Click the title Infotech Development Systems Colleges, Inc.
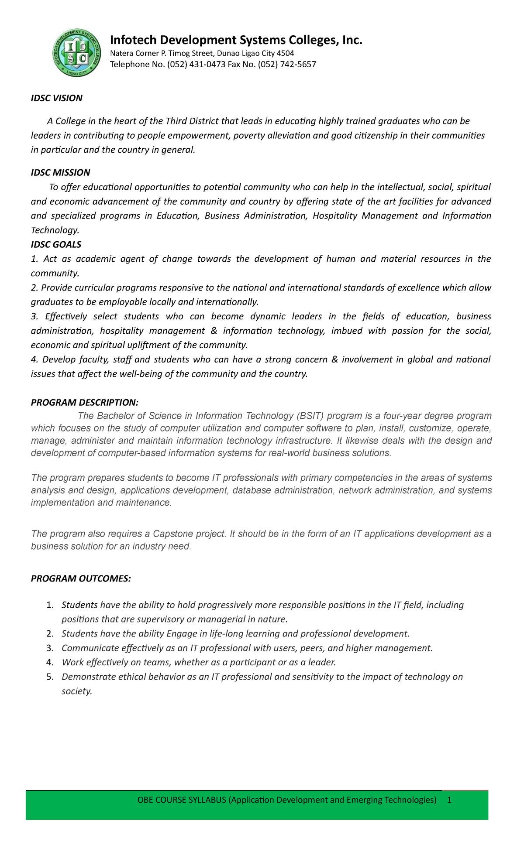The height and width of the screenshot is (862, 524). point(236,40)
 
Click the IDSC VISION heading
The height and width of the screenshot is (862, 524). point(56,98)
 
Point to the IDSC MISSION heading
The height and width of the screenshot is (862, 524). point(60,173)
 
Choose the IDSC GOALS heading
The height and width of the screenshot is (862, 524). point(56,245)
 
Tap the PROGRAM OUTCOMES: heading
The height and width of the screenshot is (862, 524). point(81,579)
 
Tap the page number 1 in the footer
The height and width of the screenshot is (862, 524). point(449,800)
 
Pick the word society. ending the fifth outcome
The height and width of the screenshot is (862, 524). point(77,691)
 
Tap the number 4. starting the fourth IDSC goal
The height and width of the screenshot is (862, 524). point(35,360)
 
